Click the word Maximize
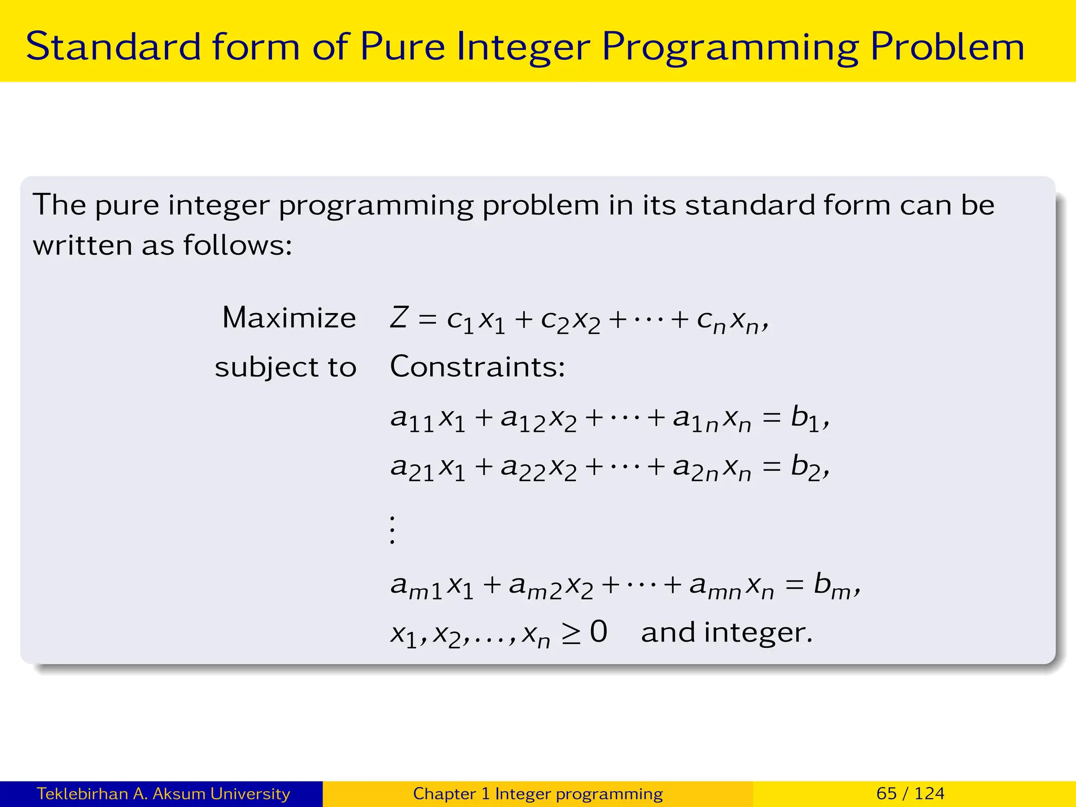pyautogui.click(x=289, y=318)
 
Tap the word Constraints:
pyautogui.click(x=477, y=366)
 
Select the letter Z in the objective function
pyautogui.click(x=399, y=318)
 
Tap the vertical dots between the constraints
pyautogui.click(x=392, y=530)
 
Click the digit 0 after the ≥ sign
pyautogui.click(x=598, y=632)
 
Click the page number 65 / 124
pyautogui.click(x=910, y=793)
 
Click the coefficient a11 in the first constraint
pyautogui.click(x=412, y=420)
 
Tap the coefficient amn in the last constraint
pyautogui.click(x=715, y=587)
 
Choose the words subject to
pyautogui.click(x=285, y=367)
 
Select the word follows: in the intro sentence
pyautogui.click(x=237, y=245)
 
